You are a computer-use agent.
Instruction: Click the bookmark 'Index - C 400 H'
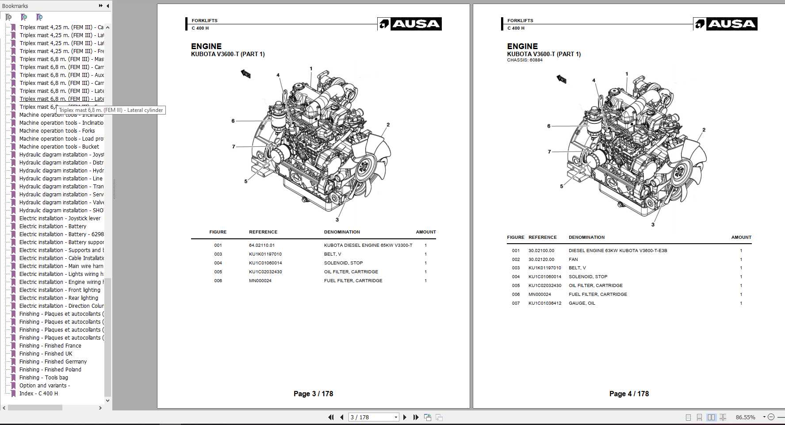pos(38,393)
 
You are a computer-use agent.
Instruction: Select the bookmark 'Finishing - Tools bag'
pos(43,377)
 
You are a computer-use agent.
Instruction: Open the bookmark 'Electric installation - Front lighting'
pos(60,290)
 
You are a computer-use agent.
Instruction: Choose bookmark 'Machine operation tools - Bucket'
pos(59,146)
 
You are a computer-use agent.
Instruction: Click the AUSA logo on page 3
pos(410,24)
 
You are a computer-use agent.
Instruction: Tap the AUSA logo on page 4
pos(725,24)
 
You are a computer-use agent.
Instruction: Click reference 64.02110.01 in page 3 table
pos(261,245)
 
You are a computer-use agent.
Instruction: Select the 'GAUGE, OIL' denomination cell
pos(582,303)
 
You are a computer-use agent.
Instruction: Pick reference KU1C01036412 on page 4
pos(544,303)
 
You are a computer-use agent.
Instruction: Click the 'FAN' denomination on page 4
pos(573,259)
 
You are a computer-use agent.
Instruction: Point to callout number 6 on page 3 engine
pos(233,121)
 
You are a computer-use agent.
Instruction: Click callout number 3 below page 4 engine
pos(653,225)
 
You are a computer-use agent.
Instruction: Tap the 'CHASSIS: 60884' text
pos(525,60)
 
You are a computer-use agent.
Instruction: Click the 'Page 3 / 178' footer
pos(313,394)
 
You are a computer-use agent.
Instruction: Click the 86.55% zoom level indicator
pos(745,417)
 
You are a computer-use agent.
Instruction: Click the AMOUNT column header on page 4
pos(741,237)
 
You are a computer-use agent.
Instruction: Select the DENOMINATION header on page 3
pos(341,232)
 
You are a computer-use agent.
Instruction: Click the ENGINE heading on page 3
pos(206,46)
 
